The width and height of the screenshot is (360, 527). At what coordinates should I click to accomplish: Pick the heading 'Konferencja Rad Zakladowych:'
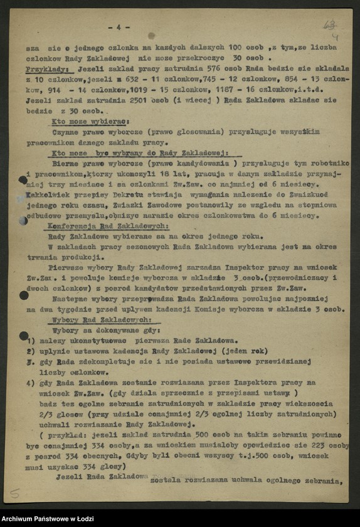point(107,225)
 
